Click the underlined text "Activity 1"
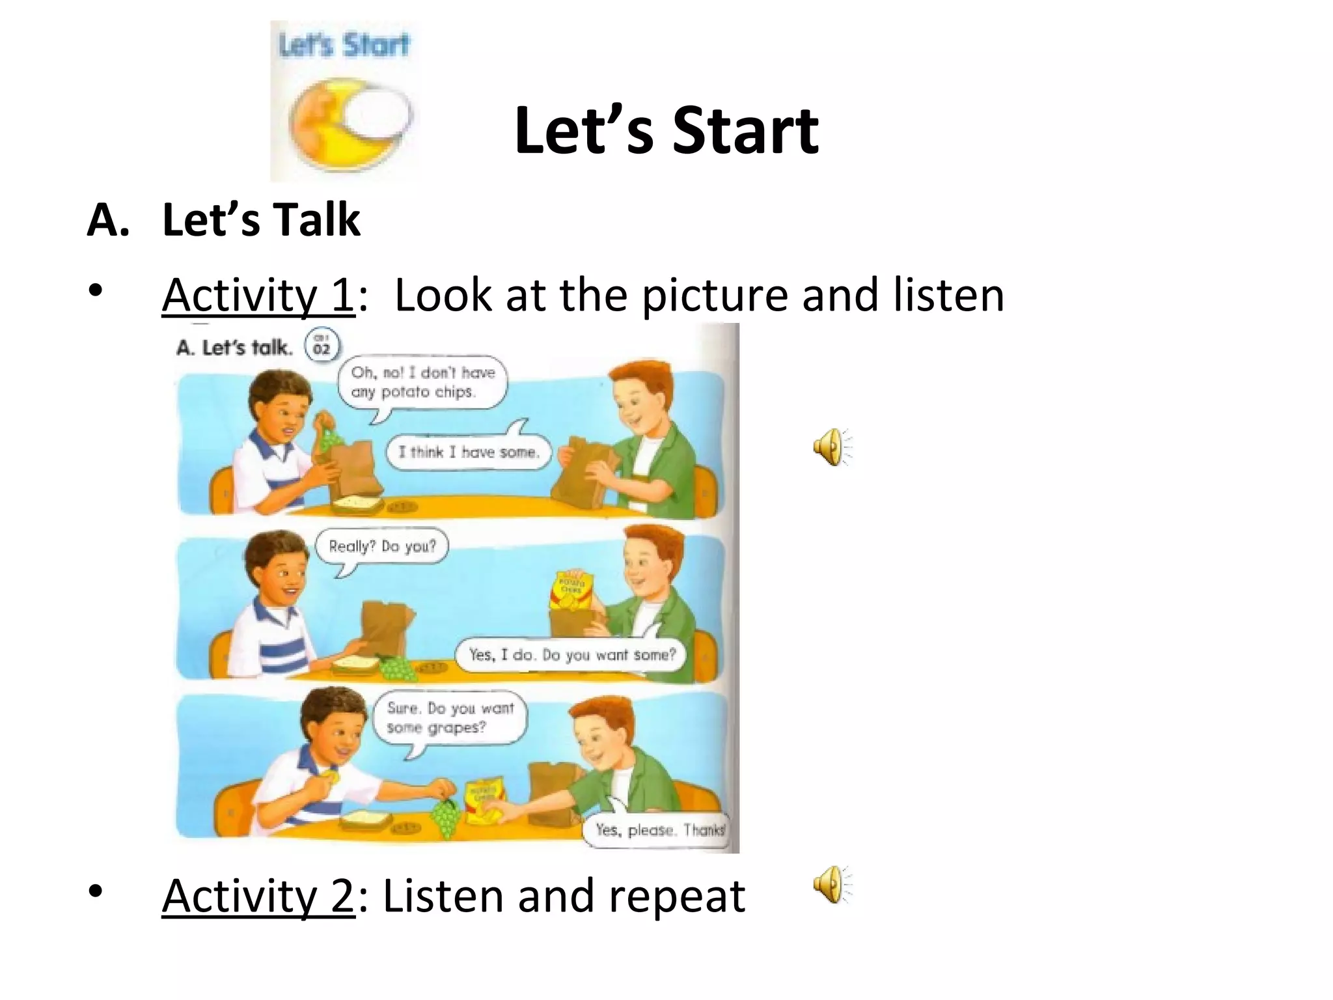[x=258, y=295]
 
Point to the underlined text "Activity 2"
[x=258, y=896]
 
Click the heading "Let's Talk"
[x=260, y=220]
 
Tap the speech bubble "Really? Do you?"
[x=382, y=546]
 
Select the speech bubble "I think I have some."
[x=469, y=452]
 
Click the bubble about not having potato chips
[x=422, y=382]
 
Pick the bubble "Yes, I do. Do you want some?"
[x=571, y=654]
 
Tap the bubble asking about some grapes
[x=450, y=717]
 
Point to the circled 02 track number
[x=322, y=346]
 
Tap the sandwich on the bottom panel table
[x=365, y=819]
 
